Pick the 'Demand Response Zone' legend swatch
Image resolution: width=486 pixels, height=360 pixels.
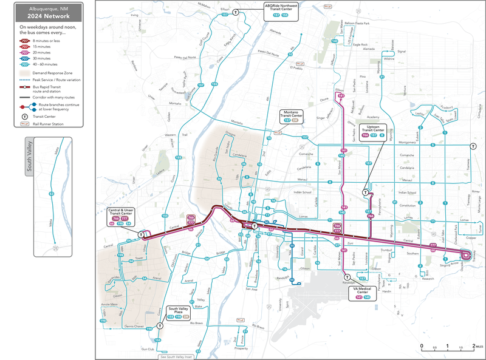click(25, 72)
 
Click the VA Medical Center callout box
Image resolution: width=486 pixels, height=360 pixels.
click(363, 293)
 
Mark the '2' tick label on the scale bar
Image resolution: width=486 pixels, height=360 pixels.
click(473, 346)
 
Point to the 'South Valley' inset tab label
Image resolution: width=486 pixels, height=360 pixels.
click(29, 157)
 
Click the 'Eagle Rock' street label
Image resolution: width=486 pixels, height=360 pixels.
click(360, 44)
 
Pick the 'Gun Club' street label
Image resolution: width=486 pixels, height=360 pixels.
click(148, 349)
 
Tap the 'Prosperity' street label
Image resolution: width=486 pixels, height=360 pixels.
click(241, 348)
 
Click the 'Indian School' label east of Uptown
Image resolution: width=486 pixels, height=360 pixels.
click(405, 192)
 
